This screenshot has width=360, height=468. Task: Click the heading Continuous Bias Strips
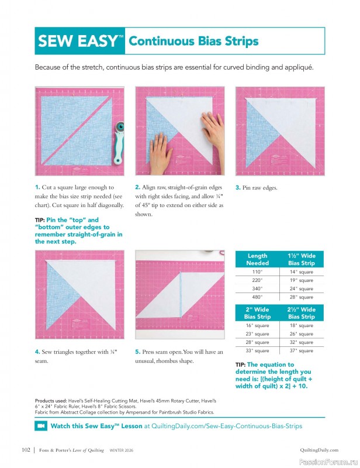click(x=193, y=41)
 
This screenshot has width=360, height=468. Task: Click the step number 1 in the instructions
click(x=37, y=187)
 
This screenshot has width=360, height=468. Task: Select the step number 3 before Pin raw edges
click(x=237, y=188)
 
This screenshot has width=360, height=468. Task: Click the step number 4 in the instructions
click(x=37, y=352)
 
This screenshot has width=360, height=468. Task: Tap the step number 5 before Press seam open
click(x=137, y=352)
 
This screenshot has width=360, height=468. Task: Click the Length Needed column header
click(x=257, y=259)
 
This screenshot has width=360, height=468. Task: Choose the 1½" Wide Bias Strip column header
click(x=301, y=259)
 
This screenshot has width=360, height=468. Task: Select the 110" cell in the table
click(x=257, y=272)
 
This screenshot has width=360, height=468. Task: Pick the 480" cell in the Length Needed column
click(x=257, y=297)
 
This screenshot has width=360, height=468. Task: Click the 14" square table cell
click(x=301, y=272)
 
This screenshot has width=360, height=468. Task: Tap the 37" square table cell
click(x=301, y=351)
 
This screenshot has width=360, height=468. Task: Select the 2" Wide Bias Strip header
click(x=257, y=313)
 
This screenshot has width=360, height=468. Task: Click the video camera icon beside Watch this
click(x=41, y=426)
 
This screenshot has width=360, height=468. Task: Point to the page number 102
click(x=25, y=450)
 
